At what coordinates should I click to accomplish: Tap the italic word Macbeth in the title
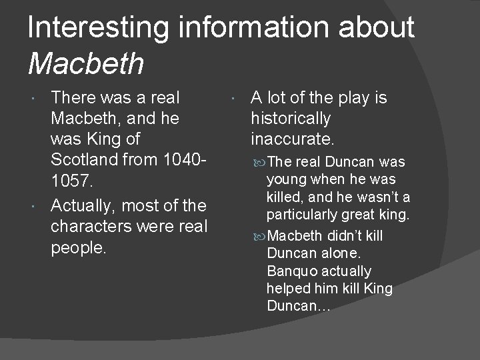pos(86,63)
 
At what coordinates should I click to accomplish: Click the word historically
pos(290,119)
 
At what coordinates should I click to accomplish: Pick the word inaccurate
pos(291,139)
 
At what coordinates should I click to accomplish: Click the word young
pos(285,179)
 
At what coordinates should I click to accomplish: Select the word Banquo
pos(291,271)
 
